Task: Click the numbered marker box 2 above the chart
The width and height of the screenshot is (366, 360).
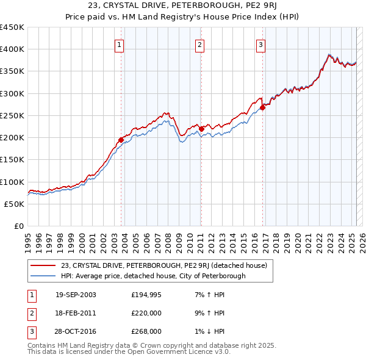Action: pos(199,44)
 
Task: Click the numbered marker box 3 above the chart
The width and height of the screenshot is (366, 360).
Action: pos(260,44)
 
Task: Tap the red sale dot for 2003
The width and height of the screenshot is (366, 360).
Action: pos(121,140)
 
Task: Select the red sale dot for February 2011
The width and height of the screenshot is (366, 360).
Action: pos(201,129)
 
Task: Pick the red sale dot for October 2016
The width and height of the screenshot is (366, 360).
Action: pos(263,107)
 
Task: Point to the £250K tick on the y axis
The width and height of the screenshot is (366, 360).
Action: pos(12,115)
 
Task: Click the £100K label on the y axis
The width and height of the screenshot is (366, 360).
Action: pos(12,182)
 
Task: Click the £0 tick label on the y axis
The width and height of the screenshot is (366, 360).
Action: pos(19,226)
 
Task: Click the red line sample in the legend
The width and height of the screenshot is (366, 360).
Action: pos(43,265)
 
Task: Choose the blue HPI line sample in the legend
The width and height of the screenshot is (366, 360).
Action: pos(43,276)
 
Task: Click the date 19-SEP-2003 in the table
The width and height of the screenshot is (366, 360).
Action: pos(76,295)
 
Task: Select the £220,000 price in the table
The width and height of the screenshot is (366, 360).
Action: pos(146,313)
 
